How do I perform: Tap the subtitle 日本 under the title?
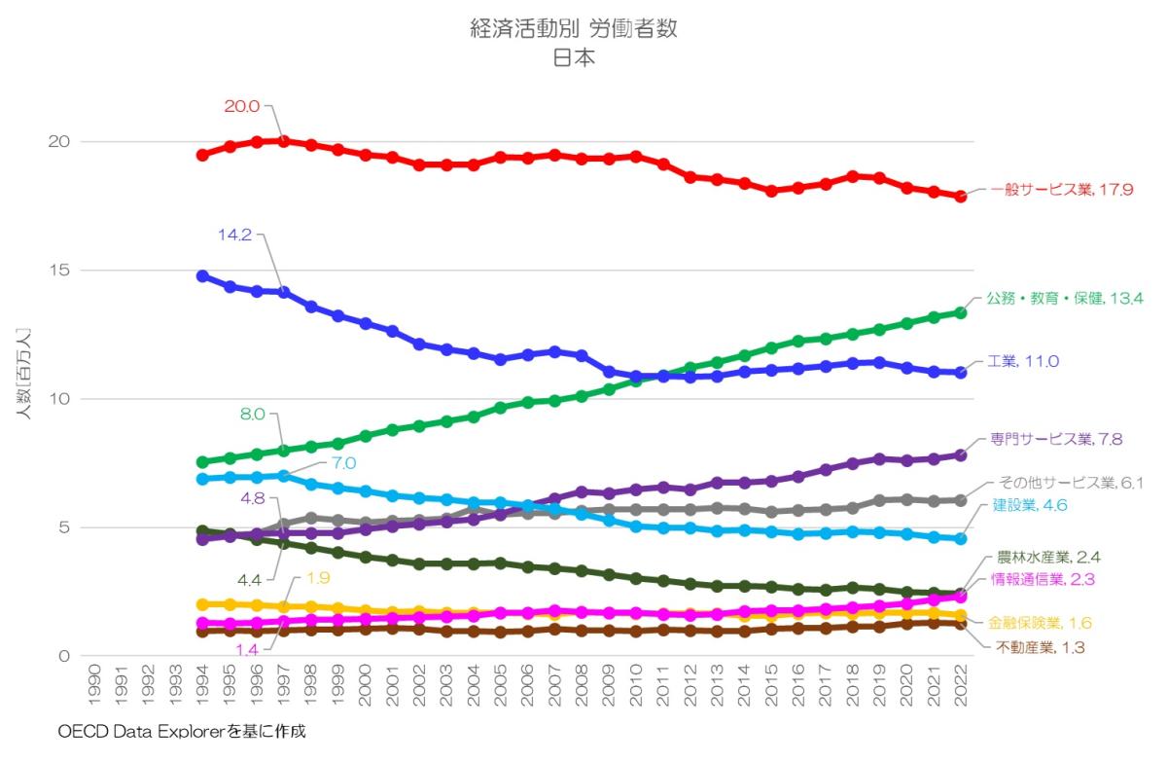click(574, 57)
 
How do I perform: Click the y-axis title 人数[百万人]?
click(23, 374)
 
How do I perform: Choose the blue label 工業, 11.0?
click(1022, 361)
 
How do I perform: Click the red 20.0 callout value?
click(241, 106)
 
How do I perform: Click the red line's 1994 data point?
click(203, 155)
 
